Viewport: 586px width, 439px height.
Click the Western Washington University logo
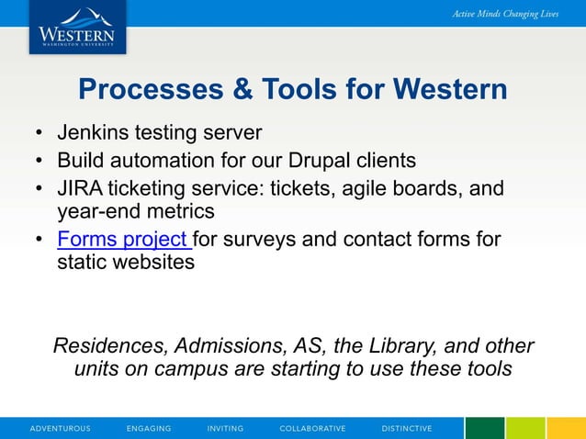coord(77,27)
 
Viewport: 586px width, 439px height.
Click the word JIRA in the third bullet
coord(81,188)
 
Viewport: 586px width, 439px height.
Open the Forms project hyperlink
coord(123,240)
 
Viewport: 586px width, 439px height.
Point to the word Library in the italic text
coord(407,346)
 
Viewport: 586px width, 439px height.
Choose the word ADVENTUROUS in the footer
coord(61,429)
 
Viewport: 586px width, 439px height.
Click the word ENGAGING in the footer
coord(149,429)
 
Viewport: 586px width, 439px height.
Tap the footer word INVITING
coord(225,429)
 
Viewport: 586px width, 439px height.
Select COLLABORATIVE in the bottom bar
coord(312,429)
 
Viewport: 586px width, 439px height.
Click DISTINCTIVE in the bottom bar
coord(407,429)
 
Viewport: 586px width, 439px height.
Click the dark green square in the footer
coord(484,428)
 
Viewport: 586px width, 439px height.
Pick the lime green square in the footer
coord(525,428)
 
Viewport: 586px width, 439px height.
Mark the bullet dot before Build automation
coord(39,162)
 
